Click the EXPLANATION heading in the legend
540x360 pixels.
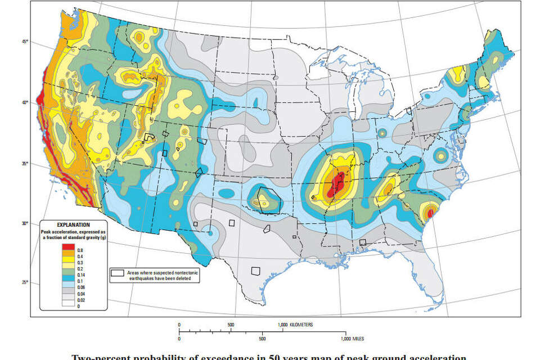[73, 224]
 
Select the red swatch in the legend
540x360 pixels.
[68, 247]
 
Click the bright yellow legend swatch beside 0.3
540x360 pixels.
[68, 262]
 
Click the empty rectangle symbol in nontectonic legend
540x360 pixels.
[117, 272]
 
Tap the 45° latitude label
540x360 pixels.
[25, 42]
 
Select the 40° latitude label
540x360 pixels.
[25, 102]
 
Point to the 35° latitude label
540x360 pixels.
[25, 164]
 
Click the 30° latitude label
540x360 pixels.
[25, 223]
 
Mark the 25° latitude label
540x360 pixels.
[25, 282]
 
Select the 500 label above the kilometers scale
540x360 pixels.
[231, 325]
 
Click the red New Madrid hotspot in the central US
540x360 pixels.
[337, 182]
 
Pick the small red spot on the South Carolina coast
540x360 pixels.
[430, 213]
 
